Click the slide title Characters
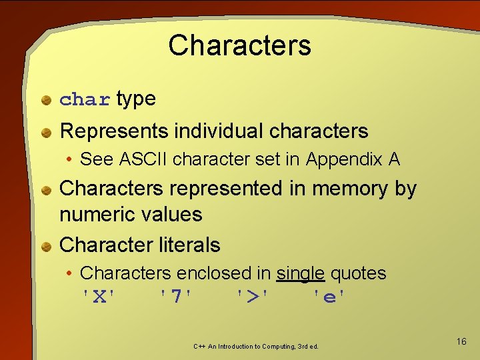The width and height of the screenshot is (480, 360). click(x=239, y=45)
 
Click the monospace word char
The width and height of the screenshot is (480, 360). click(x=85, y=100)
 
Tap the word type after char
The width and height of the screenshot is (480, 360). click(x=136, y=99)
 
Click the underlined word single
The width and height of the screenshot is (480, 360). click(x=301, y=273)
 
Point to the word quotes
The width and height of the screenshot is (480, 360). click(x=358, y=273)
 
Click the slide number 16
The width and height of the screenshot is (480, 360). click(x=461, y=342)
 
